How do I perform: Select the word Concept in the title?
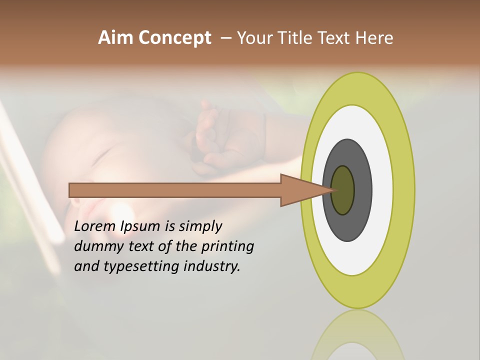tap(175, 38)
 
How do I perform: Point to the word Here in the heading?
tap(374, 38)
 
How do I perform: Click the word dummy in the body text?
tap(94, 247)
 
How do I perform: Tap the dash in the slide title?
tap(225, 38)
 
